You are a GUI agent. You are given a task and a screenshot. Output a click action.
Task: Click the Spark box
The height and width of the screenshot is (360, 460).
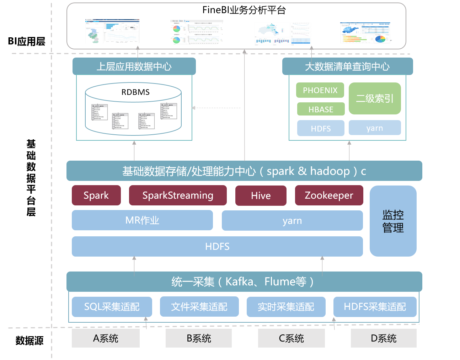96,195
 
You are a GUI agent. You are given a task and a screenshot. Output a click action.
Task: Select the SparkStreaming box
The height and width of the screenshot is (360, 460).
178,195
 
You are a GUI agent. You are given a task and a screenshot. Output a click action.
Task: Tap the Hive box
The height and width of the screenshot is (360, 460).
261,196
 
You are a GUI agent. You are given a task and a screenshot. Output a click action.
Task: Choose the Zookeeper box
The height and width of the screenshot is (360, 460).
329,195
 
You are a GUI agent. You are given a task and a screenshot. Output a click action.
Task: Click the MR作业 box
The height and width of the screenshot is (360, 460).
142,220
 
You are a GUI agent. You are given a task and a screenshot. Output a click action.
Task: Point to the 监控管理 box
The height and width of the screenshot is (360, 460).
393,221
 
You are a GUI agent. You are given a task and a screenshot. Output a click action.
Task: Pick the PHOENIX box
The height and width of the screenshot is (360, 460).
320,90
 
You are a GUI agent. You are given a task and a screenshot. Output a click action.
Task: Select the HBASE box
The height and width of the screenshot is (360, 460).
321,109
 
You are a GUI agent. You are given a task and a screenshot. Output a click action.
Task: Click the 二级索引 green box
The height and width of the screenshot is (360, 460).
375,98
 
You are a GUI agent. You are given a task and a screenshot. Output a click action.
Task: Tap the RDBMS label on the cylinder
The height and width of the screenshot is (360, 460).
135,92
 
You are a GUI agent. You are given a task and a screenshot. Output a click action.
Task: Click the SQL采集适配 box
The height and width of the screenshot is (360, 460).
112,307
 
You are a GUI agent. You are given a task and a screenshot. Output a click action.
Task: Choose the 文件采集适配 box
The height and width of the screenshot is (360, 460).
199,307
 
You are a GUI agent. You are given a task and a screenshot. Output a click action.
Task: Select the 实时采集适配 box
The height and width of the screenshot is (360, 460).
286,307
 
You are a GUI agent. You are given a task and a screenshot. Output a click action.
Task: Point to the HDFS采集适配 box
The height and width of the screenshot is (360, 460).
375,307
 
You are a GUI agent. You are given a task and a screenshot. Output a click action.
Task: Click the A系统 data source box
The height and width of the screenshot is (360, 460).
106,338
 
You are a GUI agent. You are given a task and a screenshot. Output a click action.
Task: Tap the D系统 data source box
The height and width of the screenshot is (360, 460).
384,338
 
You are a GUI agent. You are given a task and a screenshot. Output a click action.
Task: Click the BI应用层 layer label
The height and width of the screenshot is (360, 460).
27,42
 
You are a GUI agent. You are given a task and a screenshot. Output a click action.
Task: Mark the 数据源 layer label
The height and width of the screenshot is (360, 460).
30,340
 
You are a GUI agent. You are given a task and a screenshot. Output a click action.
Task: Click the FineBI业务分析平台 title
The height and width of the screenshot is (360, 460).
244,10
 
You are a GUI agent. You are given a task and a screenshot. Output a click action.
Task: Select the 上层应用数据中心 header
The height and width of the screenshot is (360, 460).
134,66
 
